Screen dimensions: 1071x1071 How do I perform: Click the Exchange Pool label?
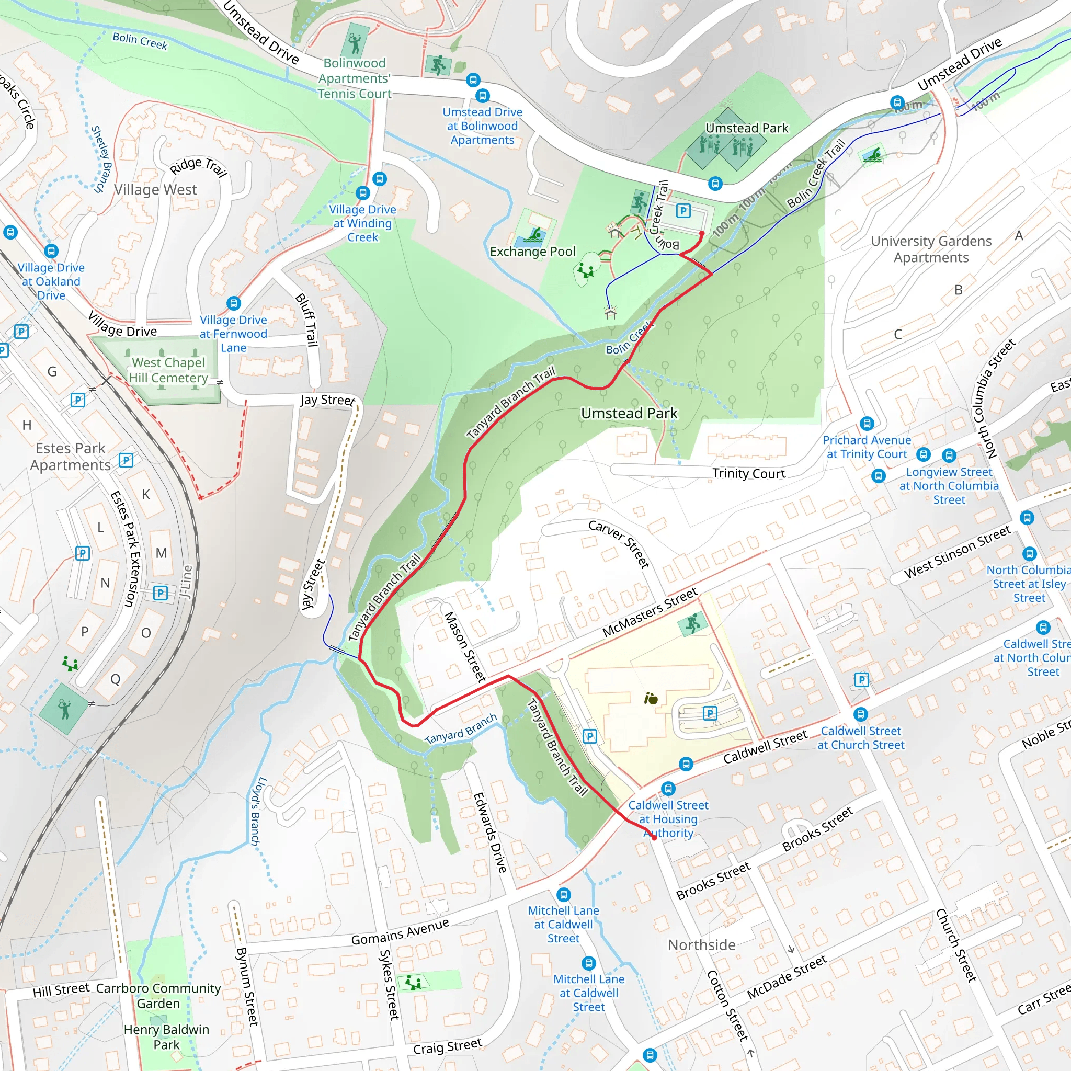pyautogui.click(x=532, y=252)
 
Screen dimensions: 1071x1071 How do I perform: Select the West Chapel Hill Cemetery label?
pyautogui.click(x=168, y=370)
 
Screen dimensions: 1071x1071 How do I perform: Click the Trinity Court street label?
pyautogui.click(x=748, y=473)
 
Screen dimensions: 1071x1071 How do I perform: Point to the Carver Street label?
pyautogui.click(x=619, y=544)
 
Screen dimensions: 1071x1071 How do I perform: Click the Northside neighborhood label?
pyautogui.click(x=701, y=944)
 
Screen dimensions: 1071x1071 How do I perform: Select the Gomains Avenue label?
pyautogui.click(x=400, y=932)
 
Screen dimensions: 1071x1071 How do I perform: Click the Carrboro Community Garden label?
pyautogui.click(x=158, y=996)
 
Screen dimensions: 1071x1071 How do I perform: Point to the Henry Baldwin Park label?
pyautogui.click(x=166, y=1037)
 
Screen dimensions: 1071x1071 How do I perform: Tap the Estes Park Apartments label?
pyautogui.click(x=71, y=457)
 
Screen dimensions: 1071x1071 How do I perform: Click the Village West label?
pyautogui.click(x=155, y=190)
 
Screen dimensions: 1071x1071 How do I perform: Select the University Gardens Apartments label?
pyautogui.click(x=931, y=249)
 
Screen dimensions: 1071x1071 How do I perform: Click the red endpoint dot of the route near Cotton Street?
pyautogui.click(x=654, y=838)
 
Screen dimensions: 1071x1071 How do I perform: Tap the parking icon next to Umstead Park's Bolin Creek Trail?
pyautogui.click(x=683, y=211)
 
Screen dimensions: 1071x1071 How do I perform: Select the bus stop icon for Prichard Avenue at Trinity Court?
pyautogui.click(x=867, y=424)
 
